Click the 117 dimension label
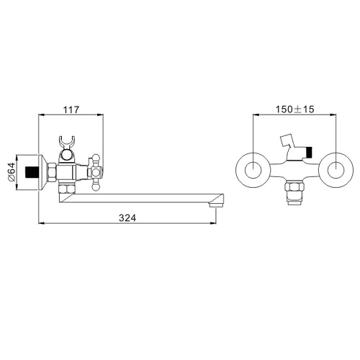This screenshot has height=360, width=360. pos(71,109)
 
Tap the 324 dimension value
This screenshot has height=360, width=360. pos(127,218)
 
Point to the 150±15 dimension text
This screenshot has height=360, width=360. pos(294,109)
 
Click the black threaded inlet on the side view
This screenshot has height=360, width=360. pos(32,172)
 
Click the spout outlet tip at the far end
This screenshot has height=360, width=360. pos(217,205)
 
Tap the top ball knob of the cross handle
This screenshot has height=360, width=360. pos(94,158)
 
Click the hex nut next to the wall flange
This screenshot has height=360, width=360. pos(53,172)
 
